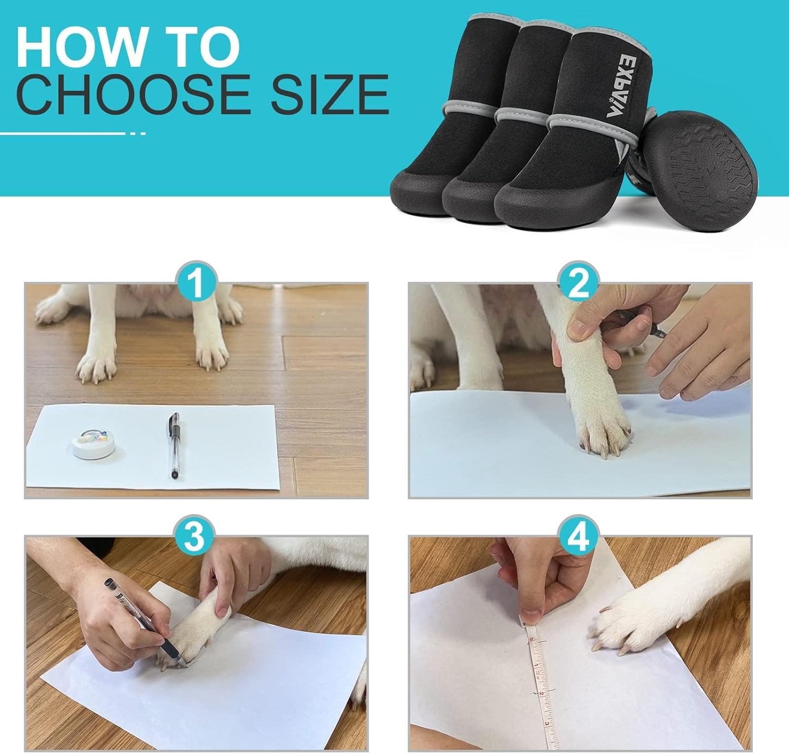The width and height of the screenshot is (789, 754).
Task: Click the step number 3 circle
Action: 196,537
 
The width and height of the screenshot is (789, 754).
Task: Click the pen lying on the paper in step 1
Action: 174,445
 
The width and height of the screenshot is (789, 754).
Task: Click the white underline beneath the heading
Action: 63,134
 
